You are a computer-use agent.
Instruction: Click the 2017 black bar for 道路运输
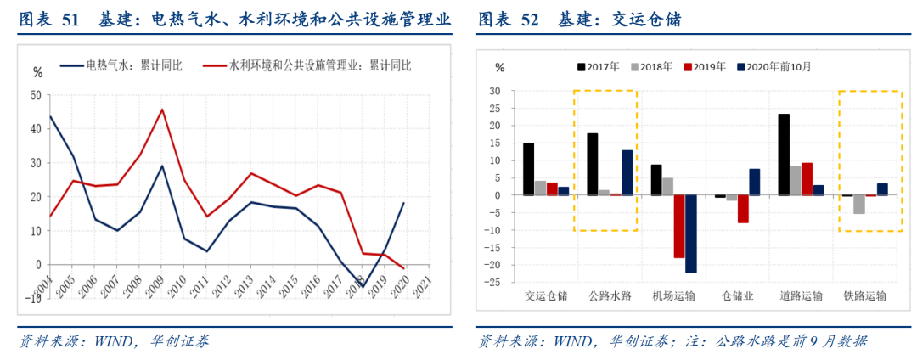click(784, 155)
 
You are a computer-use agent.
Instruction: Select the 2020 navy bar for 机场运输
click(691, 233)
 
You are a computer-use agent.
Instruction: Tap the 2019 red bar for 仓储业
click(743, 209)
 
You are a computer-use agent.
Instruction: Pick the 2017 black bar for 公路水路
click(592, 164)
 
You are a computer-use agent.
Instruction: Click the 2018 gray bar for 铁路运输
click(858, 205)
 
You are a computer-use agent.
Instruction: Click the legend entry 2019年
click(706, 67)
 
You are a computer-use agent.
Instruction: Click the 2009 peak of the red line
click(162, 110)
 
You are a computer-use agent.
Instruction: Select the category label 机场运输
click(673, 297)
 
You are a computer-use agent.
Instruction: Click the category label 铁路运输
click(864, 297)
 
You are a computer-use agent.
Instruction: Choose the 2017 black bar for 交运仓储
click(528, 169)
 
